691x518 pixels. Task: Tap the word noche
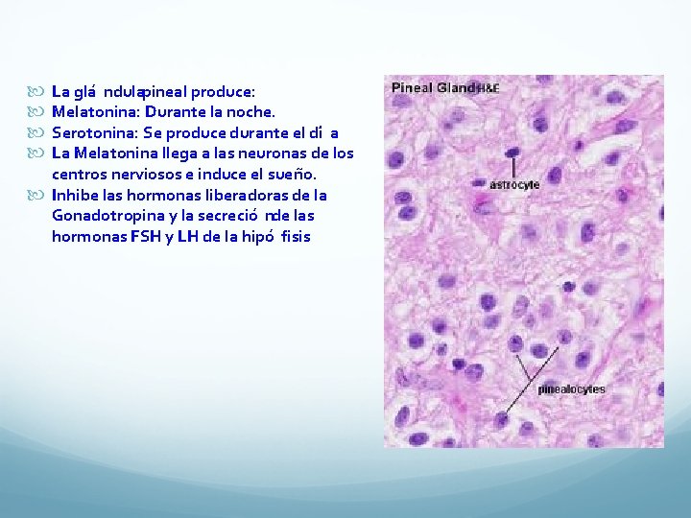[252, 112]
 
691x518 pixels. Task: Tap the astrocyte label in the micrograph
[514, 184]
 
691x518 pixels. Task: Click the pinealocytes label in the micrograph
[571, 389]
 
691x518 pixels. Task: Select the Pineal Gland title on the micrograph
[434, 88]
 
